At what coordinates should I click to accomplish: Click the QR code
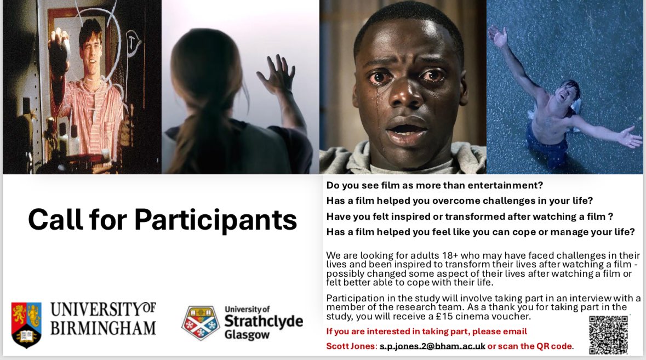(x=608, y=334)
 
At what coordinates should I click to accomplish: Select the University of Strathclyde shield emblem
(x=201, y=323)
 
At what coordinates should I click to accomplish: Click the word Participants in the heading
(x=215, y=220)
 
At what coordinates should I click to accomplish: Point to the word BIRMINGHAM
(x=103, y=328)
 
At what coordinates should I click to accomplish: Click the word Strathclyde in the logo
(x=263, y=321)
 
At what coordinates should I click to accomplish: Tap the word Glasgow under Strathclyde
(x=247, y=334)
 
